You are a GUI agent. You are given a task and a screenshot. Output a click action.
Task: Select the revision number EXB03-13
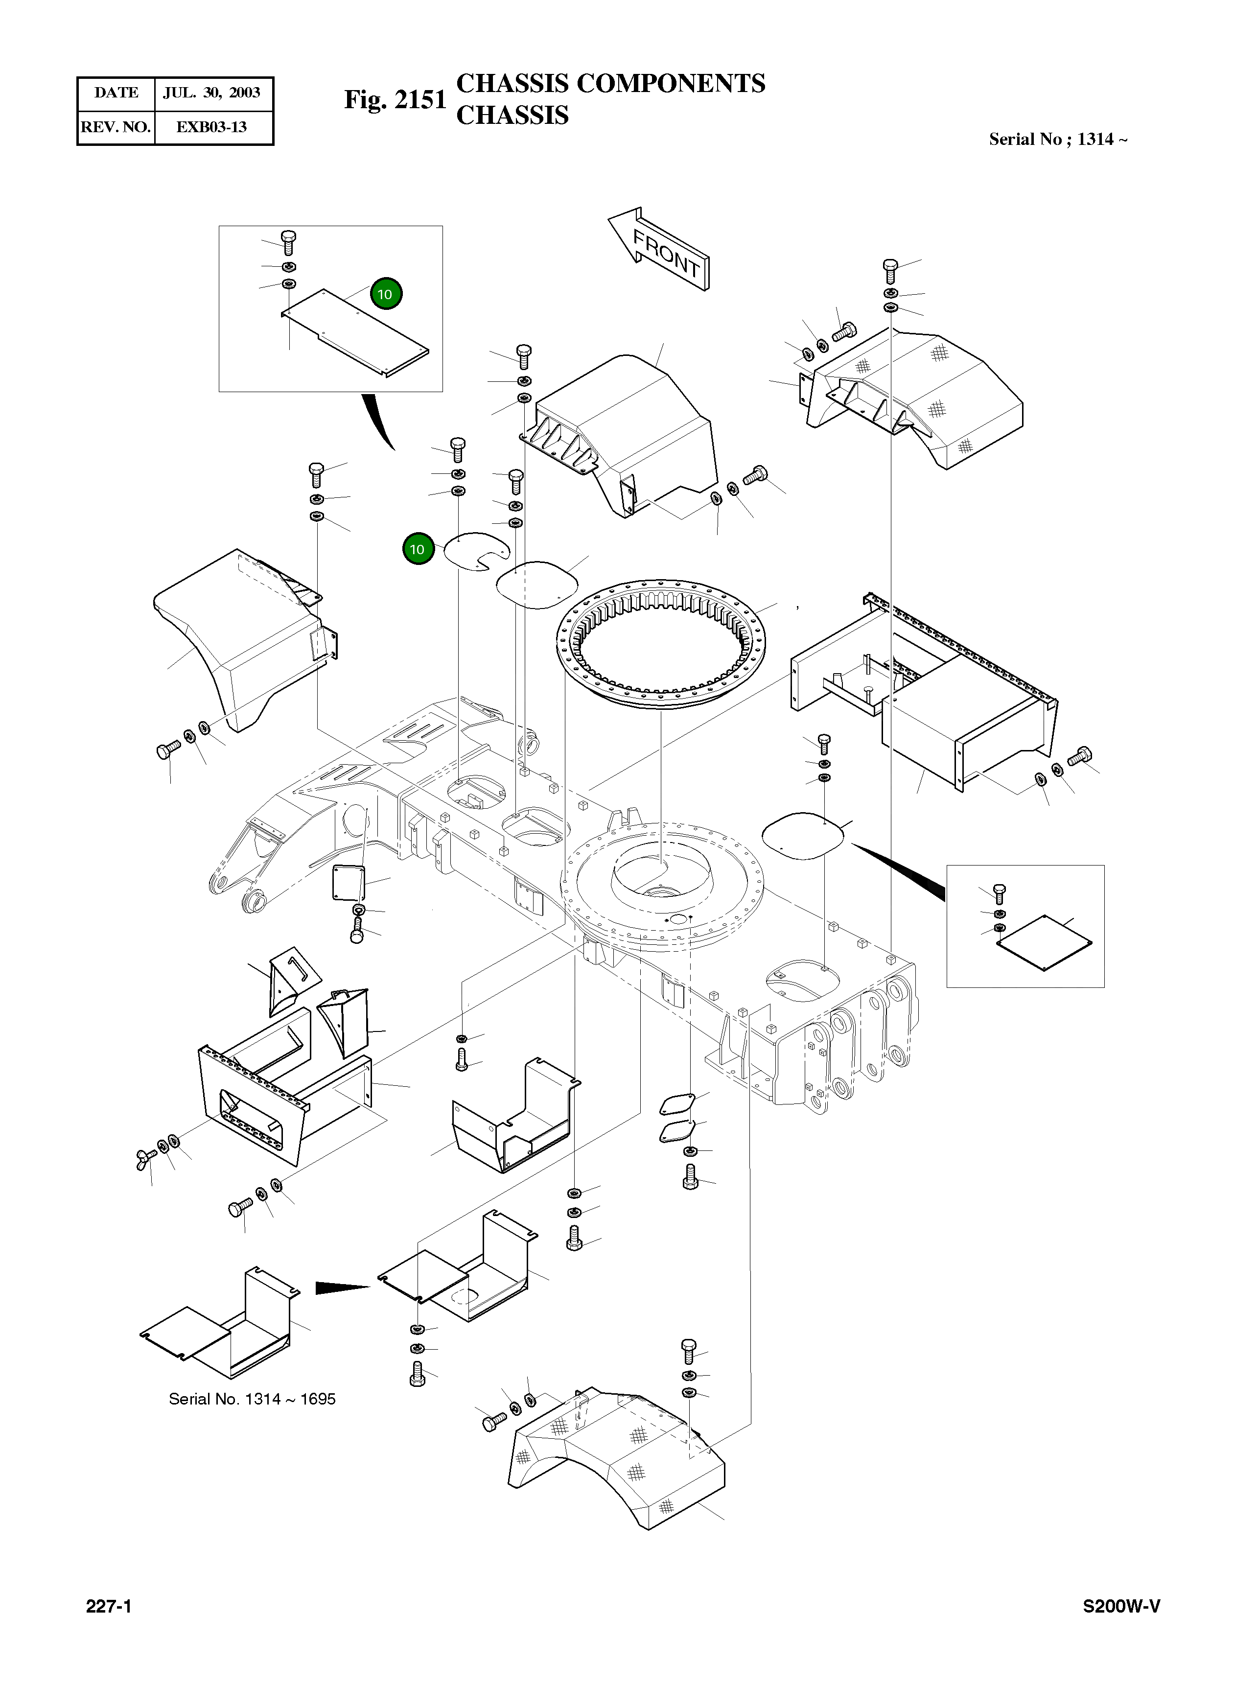[x=211, y=127]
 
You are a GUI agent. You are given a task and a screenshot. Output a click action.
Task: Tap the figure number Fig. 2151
[x=395, y=100]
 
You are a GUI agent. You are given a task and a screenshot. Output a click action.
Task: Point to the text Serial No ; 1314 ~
[x=1058, y=139]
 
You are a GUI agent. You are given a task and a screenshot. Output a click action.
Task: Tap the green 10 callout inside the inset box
[x=385, y=294]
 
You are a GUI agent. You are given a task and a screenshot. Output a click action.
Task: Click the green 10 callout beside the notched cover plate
[x=418, y=550]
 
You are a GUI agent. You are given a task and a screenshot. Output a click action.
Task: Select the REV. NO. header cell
[x=116, y=127]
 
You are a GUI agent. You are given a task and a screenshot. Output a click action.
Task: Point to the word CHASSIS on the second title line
[x=512, y=116]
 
